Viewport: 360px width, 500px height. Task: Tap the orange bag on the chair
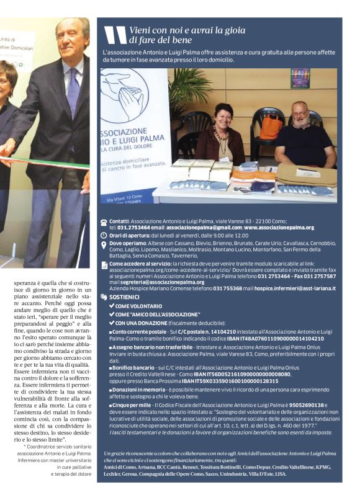[x=271, y=127]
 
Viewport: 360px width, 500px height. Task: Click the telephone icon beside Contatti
[x=103, y=221]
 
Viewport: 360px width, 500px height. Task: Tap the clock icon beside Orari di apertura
[x=103, y=236]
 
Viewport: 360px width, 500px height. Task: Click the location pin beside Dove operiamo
[x=103, y=244]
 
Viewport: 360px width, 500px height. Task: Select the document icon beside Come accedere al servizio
[x=103, y=265]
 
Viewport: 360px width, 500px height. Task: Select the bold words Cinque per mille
[x=131, y=404]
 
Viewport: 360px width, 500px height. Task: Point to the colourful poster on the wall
[x=300, y=78]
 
